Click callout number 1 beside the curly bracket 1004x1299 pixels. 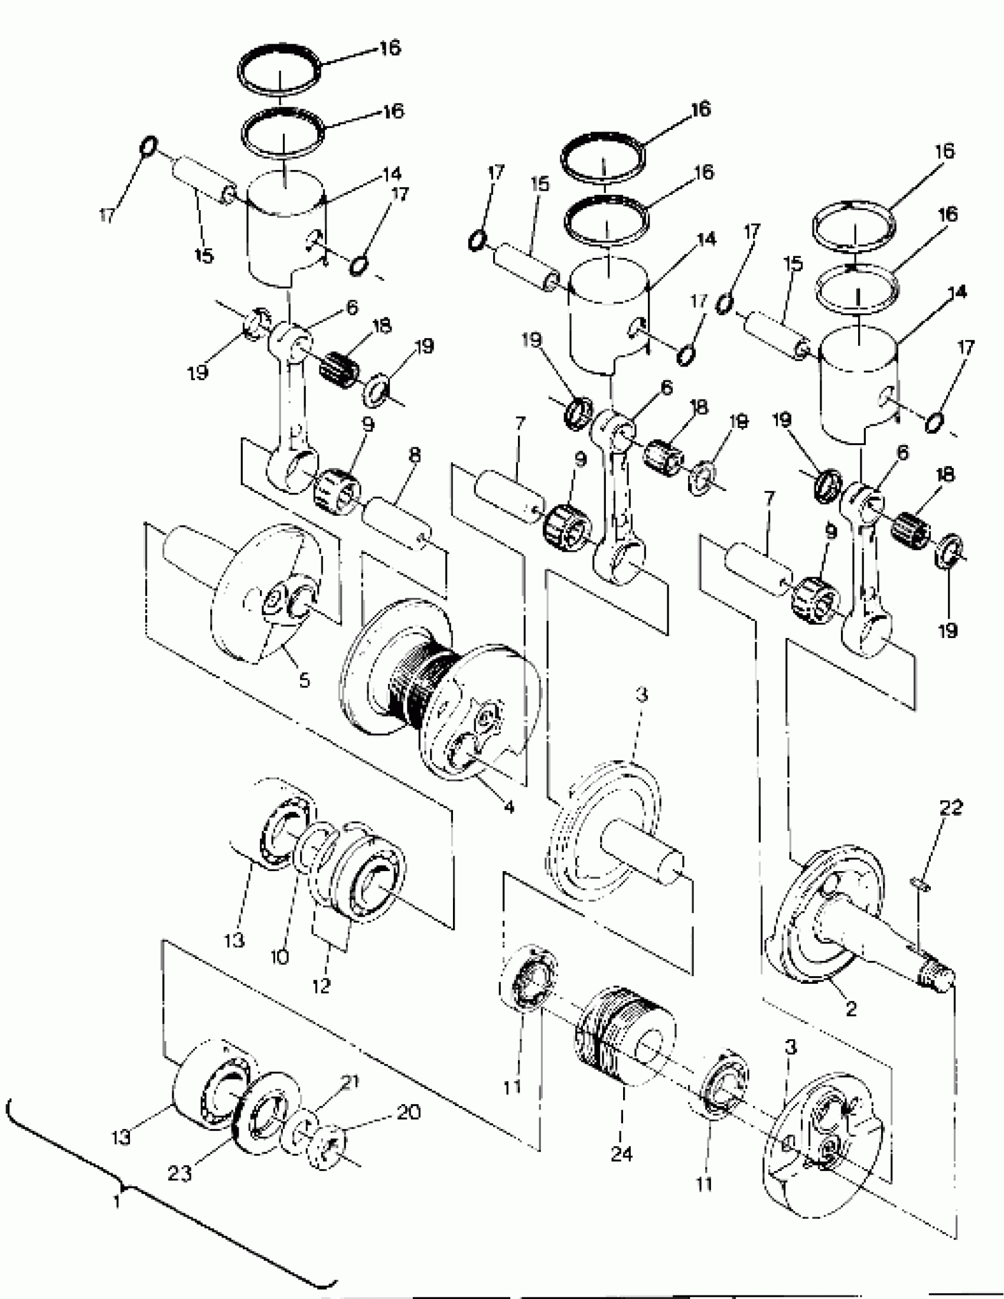118,1200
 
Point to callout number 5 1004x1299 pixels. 304,680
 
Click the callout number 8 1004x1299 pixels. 415,456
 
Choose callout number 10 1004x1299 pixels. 280,957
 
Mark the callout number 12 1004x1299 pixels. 321,986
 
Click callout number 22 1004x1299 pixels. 950,808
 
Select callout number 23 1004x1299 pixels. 179,1172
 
